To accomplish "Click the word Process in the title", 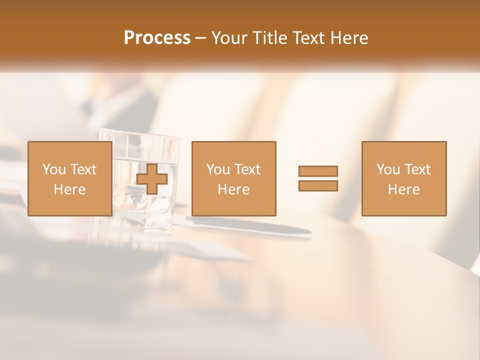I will point(157,38).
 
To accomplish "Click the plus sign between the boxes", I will point(152,179).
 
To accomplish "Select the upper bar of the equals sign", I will point(318,171).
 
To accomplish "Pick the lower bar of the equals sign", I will point(318,185).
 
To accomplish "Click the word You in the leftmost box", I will point(54,169).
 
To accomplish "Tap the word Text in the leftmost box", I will point(83,169).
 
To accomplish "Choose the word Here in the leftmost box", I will point(69,189).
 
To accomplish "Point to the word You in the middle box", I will point(218,169).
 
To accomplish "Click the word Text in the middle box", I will point(247,169).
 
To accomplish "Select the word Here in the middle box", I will point(233,189).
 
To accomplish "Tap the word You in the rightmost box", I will point(388,169).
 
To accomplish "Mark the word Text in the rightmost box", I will point(417,169).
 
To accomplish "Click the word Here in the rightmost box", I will point(403,189).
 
